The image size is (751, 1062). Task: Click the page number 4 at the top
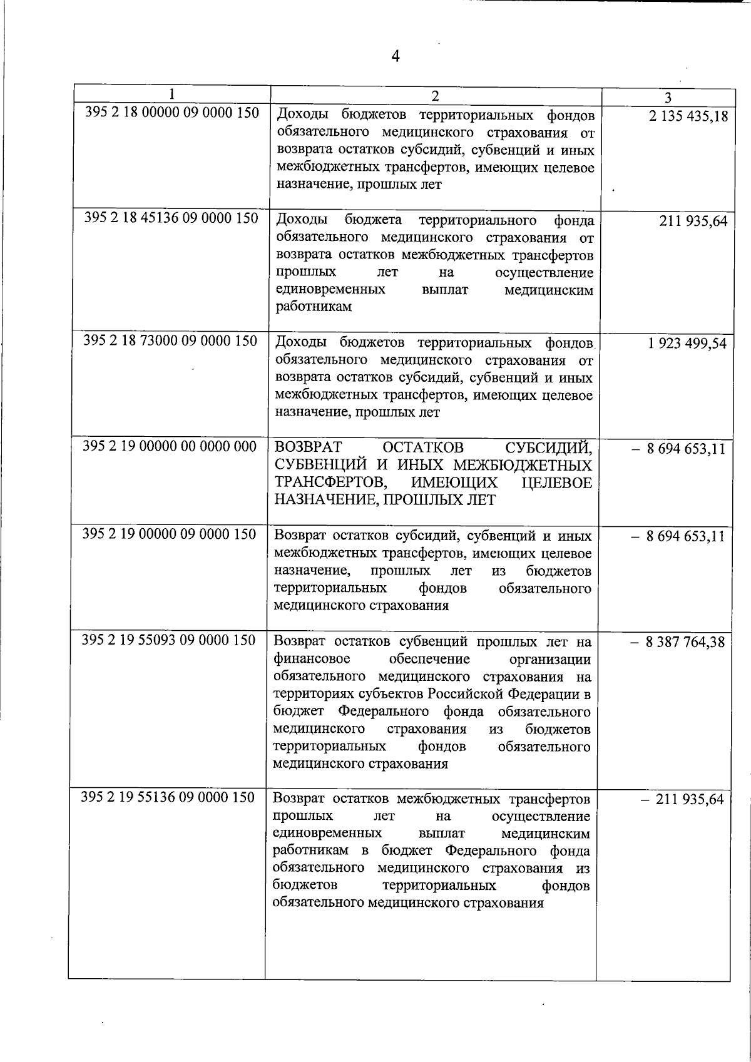[x=395, y=56]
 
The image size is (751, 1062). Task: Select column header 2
[x=435, y=95]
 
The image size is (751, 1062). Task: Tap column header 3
[x=668, y=98]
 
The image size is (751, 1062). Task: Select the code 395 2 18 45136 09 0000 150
[x=171, y=218]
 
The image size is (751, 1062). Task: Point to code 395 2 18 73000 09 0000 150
[x=170, y=341]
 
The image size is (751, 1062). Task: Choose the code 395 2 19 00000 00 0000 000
[x=170, y=446]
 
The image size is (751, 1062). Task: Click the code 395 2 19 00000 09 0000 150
[x=170, y=534]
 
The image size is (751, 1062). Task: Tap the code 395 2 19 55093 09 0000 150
[x=169, y=640]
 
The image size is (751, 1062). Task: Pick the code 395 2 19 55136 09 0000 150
[x=168, y=798]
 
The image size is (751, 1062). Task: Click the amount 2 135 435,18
[x=688, y=116]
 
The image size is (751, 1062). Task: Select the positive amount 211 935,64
[x=693, y=222]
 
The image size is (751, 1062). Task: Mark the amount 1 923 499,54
[x=687, y=344]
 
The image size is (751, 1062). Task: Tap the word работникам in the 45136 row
[x=313, y=307]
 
